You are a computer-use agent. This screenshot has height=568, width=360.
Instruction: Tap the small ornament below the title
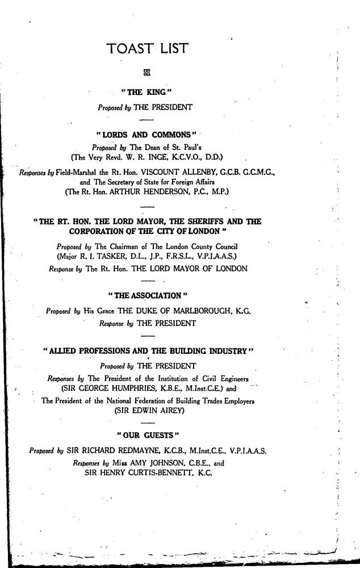click(148, 72)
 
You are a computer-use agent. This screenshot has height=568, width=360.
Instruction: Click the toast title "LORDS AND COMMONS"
click(146, 133)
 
